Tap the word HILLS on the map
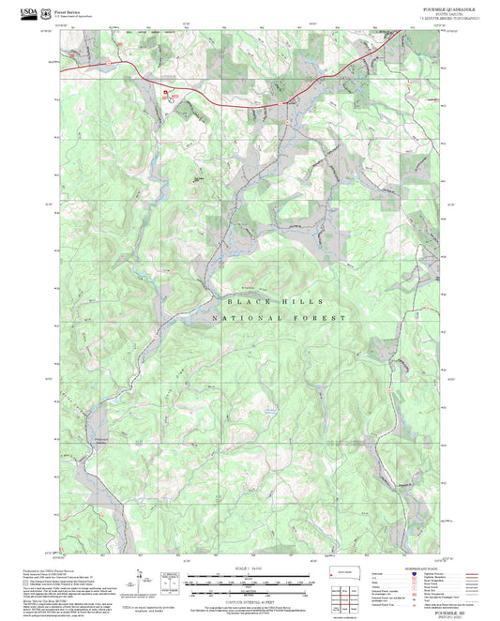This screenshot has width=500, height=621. (306, 302)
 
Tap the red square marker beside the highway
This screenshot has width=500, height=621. (169, 92)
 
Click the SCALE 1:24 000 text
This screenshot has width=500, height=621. (250, 567)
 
